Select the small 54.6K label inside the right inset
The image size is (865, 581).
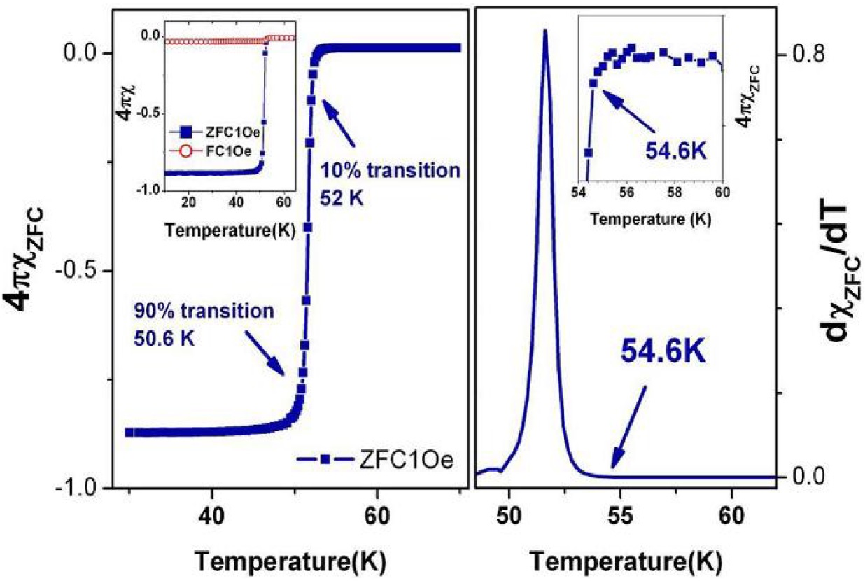[x=671, y=150]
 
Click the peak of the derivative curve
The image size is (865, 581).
[x=544, y=31]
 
